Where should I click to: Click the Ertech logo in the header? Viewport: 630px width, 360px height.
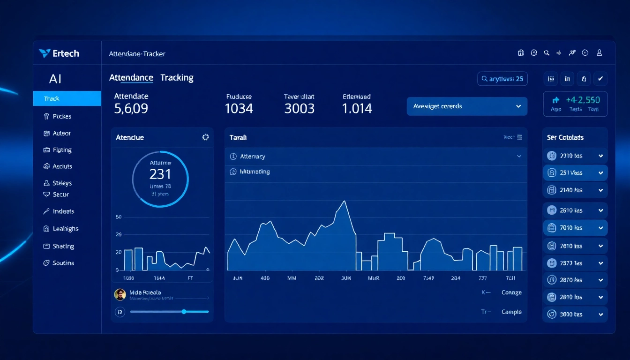59,53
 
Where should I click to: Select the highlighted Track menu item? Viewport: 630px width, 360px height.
67,98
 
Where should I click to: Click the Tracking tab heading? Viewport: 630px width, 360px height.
177,78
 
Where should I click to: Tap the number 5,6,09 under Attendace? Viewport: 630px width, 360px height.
131,109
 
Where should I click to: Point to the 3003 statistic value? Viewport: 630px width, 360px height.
299,109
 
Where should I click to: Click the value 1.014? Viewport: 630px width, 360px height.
357,109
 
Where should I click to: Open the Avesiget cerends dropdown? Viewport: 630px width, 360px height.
466,106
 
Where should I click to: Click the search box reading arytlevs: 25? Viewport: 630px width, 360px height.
502,79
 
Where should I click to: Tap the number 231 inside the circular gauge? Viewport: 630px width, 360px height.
160,174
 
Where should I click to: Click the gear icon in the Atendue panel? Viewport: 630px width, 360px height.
205,137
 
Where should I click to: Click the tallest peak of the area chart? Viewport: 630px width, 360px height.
345,202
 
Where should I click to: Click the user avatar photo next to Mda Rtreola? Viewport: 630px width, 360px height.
120,294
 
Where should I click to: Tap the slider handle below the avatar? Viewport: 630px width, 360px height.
184,312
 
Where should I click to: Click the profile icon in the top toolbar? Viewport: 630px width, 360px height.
599,53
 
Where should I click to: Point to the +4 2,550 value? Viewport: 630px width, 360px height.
583,100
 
